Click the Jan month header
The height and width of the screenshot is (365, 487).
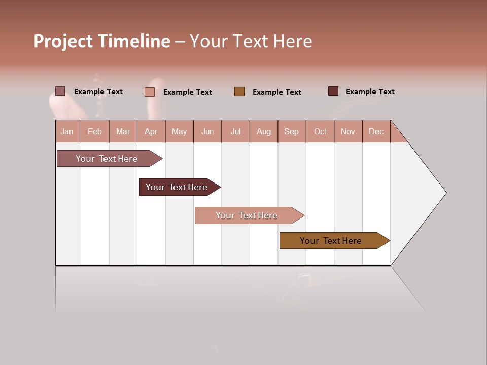pos(67,131)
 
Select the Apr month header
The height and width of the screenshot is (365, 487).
pos(151,131)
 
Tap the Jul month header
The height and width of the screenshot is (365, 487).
pos(235,131)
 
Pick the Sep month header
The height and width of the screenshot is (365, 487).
pos(291,131)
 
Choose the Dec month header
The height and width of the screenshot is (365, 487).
pos(376,131)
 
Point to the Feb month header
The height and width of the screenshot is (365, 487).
pos(95,131)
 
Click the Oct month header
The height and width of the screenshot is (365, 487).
pos(320,131)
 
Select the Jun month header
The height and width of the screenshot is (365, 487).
pos(207,131)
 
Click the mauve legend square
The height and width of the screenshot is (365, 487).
pos(60,91)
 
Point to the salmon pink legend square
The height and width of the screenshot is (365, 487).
pos(150,92)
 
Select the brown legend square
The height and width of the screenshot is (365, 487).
pos(239,91)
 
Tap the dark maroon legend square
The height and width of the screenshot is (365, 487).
pos(333,91)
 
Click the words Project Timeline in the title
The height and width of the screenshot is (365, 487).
pos(101,41)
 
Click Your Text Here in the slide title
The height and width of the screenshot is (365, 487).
pos(251,41)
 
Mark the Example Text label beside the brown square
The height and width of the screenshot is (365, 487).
pos(276,92)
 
